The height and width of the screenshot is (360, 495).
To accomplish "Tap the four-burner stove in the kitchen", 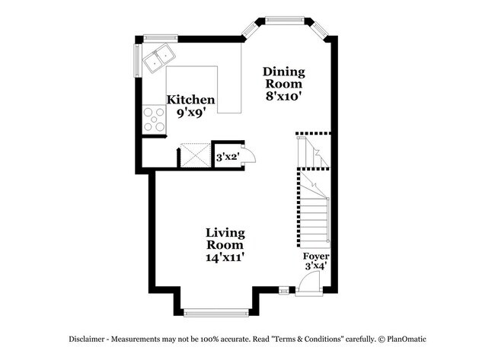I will coord(154,120).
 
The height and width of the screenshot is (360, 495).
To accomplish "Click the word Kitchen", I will coord(190,100).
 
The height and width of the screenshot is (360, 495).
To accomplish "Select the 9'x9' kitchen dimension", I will coord(190,112).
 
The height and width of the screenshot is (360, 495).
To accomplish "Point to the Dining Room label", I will coord(284,78).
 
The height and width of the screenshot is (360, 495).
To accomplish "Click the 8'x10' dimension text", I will coord(284,97).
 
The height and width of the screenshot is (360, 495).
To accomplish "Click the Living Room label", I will coord(225,238).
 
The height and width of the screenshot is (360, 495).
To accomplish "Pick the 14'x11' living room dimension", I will coord(225,257).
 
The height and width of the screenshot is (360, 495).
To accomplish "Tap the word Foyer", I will coord(316,256).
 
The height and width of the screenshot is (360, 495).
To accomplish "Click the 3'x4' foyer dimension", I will coord(316,266).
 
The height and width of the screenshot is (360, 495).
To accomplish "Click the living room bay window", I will coord(216,311).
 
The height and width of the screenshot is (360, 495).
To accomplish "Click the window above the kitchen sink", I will coord(161,36).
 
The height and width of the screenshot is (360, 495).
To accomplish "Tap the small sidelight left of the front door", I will coord(284,290).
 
